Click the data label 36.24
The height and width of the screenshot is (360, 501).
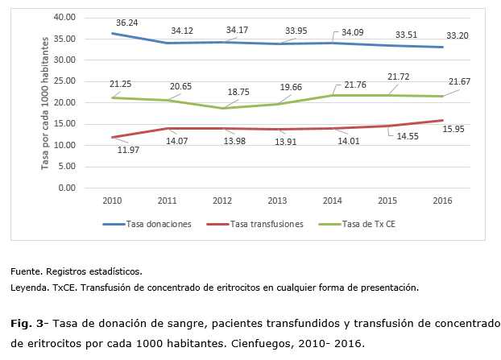(126, 23)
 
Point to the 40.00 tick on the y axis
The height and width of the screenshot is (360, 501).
(64, 17)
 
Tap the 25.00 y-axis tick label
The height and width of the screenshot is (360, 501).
(64, 81)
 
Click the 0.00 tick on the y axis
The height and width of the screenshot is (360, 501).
(68, 188)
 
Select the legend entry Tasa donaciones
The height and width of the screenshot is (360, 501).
(158, 224)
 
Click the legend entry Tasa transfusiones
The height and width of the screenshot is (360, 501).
(265, 224)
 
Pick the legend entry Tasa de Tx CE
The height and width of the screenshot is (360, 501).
(368, 224)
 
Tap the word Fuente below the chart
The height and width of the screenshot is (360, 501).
(26, 271)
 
